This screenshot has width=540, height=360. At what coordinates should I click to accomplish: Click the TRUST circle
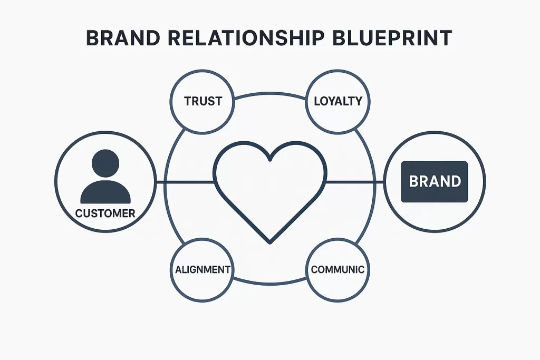[x=203, y=101]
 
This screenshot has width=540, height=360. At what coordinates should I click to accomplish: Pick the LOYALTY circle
[x=337, y=101]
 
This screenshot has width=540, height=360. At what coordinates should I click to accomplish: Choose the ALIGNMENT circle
[x=203, y=269]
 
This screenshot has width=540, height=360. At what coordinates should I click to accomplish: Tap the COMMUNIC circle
[x=337, y=269]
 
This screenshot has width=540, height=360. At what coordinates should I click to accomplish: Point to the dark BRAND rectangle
[x=435, y=182]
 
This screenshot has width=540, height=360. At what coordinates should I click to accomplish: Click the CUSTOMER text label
[x=105, y=213]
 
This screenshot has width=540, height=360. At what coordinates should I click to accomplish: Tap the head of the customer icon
[x=105, y=163]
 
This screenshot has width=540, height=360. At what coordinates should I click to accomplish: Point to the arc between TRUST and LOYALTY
[x=270, y=94]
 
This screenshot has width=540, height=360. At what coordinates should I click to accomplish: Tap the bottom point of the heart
[x=269, y=242]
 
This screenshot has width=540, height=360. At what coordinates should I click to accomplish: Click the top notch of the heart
[x=269, y=158]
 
